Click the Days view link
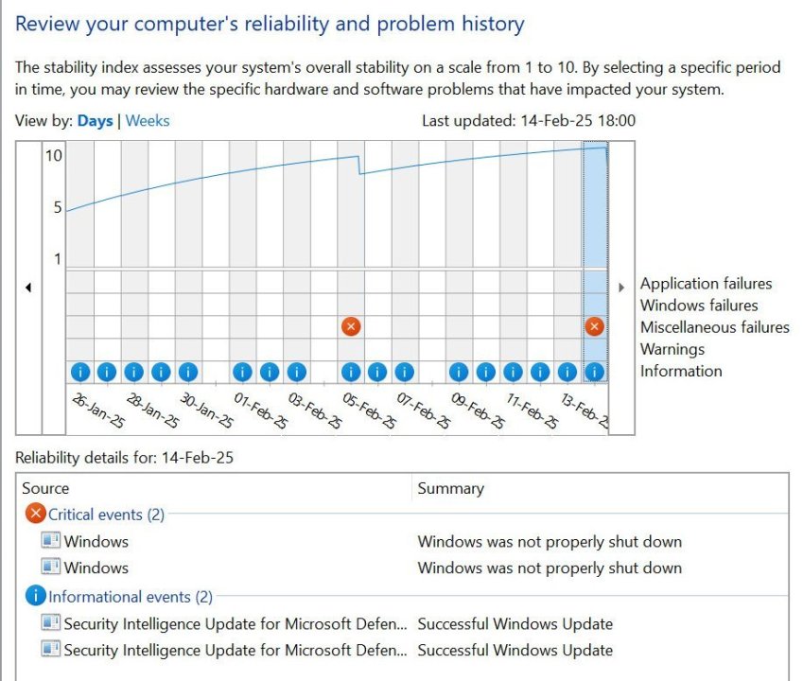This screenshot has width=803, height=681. point(95,121)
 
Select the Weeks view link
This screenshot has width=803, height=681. point(148,121)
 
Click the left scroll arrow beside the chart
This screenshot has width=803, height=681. point(27,288)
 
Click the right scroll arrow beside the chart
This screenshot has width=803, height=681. point(621,288)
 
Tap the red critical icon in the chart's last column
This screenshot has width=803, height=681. point(594,326)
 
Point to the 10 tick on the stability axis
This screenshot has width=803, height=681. point(53,155)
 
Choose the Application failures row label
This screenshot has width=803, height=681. point(706,284)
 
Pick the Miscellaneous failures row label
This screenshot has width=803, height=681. point(714,327)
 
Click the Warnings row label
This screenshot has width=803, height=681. point(672,349)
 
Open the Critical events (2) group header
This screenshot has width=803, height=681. point(106,515)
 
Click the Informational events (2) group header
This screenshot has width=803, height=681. point(131,597)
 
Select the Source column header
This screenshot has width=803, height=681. point(45,488)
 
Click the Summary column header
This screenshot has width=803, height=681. point(450,488)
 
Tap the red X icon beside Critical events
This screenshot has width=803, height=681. point(35,514)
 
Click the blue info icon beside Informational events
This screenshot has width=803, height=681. point(35,596)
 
